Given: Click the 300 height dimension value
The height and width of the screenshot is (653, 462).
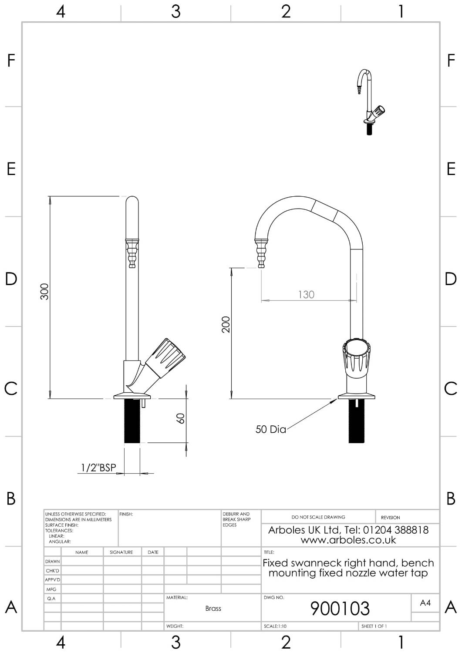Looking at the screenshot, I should click(44, 291).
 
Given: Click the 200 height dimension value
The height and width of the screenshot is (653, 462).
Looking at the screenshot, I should click(226, 324).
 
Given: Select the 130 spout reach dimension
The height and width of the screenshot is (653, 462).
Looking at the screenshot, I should click(306, 295).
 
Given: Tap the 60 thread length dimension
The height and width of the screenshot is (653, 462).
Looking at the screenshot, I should click(181, 418).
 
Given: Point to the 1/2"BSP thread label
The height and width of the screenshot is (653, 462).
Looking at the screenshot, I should click(99, 468).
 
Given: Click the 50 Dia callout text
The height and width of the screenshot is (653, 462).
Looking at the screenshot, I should click(270, 430).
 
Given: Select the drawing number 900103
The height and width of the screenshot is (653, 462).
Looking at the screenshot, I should click(340, 609).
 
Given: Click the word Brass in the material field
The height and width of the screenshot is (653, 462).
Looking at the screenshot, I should click(213, 609).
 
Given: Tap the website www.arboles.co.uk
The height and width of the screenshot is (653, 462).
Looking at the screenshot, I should click(348, 540).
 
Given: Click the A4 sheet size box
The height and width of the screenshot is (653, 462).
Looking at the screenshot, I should click(425, 603).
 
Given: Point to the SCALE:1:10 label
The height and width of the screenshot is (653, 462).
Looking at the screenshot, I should click(275, 626).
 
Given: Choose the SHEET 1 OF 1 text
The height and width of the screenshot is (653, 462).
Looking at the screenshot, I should click(374, 626).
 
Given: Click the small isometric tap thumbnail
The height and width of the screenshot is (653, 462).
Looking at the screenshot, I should click(370, 102).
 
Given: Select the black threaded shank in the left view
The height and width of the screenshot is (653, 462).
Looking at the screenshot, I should click(132, 421).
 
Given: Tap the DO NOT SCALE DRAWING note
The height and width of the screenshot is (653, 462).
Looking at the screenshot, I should click(318, 517).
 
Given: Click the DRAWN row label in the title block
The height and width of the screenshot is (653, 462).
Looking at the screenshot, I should click(52, 562).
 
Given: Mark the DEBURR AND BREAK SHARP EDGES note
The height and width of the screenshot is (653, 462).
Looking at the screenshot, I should click(236, 519).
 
